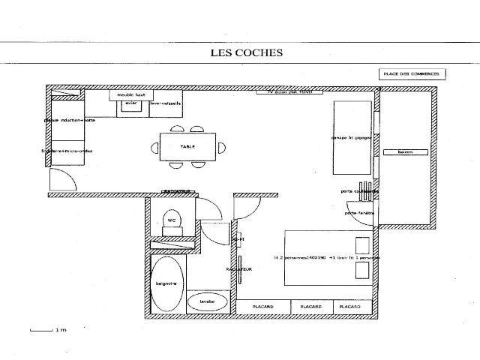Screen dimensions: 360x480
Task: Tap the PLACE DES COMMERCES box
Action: [412, 74]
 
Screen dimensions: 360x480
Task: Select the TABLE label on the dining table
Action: [187, 147]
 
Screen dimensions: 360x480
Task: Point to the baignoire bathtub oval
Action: [166, 284]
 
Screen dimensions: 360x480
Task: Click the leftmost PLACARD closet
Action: [263, 307]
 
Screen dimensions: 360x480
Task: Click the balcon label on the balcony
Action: [406, 152]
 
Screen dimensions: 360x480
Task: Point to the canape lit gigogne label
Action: [350, 139]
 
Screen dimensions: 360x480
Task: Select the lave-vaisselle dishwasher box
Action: [166, 104]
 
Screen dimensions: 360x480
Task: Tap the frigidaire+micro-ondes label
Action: [67, 151]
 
